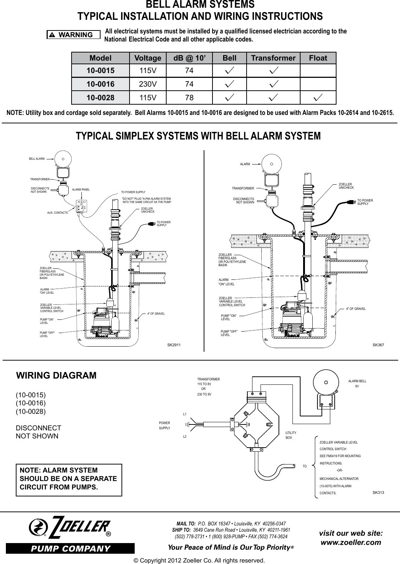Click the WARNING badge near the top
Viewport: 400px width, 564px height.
tap(73, 35)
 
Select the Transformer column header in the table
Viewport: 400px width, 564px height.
tap(273, 58)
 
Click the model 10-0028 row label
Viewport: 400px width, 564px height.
tap(100, 97)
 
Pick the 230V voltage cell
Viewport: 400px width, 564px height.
tap(148, 84)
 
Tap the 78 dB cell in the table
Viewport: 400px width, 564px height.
tap(189, 97)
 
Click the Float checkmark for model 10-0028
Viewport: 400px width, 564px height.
tap(318, 97)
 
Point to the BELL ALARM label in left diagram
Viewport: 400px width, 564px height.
tap(37, 159)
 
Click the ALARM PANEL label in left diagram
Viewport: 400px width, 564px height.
tap(81, 190)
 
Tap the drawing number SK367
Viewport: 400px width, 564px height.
tap(378, 346)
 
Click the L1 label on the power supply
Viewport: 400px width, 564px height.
tap(185, 414)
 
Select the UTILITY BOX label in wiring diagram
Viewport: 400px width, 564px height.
tap(291, 435)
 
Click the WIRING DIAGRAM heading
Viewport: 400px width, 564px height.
tap(56, 376)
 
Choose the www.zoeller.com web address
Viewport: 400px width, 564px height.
tap(351, 542)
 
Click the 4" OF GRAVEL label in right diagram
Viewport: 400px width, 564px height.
tap(356, 309)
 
